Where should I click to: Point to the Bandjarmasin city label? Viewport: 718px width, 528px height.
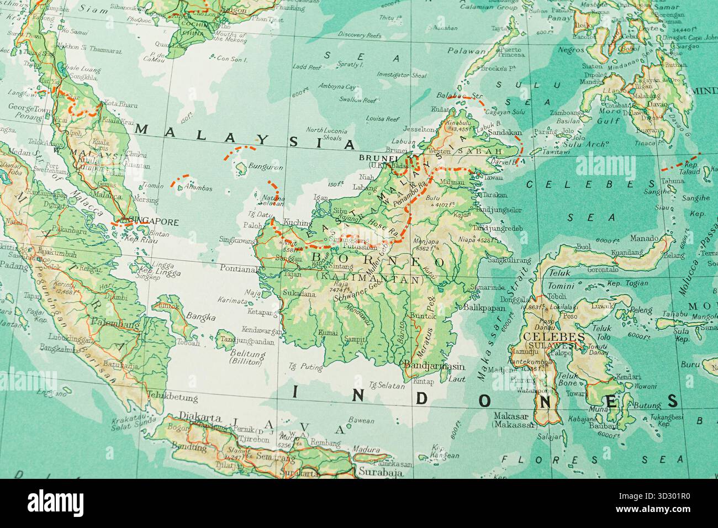[434, 366]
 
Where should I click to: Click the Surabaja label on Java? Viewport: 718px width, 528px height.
[378, 472]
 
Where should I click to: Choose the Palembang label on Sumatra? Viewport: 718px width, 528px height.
[115, 325]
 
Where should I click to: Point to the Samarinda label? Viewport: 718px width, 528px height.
[488, 287]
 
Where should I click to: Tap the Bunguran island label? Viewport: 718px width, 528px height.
[265, 167]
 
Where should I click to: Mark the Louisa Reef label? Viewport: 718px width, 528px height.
[382, 119]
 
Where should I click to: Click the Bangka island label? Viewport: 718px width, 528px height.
[197, 316]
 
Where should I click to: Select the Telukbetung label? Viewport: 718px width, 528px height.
[172, 396]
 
